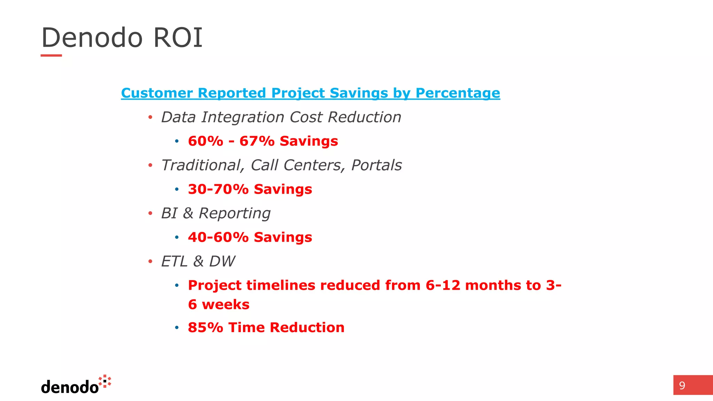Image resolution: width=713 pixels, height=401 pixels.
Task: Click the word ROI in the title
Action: pos(178,38)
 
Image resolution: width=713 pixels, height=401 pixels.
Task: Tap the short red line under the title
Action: pos(51,55)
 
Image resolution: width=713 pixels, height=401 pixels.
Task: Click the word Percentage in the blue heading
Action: pos(457,93)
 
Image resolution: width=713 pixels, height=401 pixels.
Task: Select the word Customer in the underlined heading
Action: pos(157,93)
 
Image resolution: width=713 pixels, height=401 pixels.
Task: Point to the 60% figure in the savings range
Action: pos(205,141)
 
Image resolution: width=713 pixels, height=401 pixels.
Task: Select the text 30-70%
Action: pos(218,189)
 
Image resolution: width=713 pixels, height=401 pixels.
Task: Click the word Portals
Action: pos(376,165)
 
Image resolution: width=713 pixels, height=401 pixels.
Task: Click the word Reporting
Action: pos(234,214)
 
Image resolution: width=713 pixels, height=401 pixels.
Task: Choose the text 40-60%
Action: pos(218,237)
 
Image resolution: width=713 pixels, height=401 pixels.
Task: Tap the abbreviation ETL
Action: pos(174,261)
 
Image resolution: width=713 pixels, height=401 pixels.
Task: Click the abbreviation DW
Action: pos(222,261)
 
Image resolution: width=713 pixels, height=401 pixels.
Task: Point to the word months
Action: pos(493,285)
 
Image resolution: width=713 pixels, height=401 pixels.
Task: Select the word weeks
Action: pos(226,305)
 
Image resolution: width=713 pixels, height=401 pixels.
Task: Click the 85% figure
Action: pos(205,328)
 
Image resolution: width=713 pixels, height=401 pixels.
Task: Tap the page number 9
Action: pos(682,385)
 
